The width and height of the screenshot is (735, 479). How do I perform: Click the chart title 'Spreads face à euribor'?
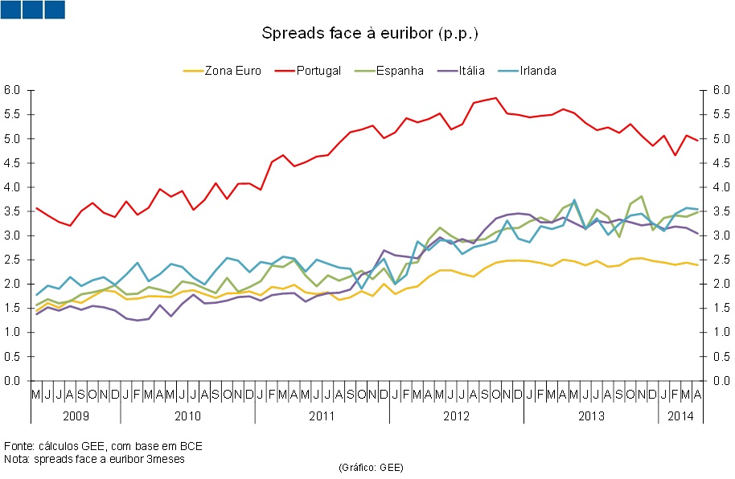pos(370,34)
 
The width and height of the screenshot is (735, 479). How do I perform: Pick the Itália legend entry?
pos(466,71)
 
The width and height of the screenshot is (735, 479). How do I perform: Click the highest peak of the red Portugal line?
pos(495,98)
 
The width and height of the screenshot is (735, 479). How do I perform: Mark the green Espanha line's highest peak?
pos(642,196)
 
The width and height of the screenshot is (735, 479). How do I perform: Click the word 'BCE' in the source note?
pos(191,446)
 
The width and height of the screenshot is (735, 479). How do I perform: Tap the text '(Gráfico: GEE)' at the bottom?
pos(371,467)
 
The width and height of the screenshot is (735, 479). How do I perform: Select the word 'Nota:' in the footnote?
pos(18,459)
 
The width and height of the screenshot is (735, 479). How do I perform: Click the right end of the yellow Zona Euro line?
pos(696,265)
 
